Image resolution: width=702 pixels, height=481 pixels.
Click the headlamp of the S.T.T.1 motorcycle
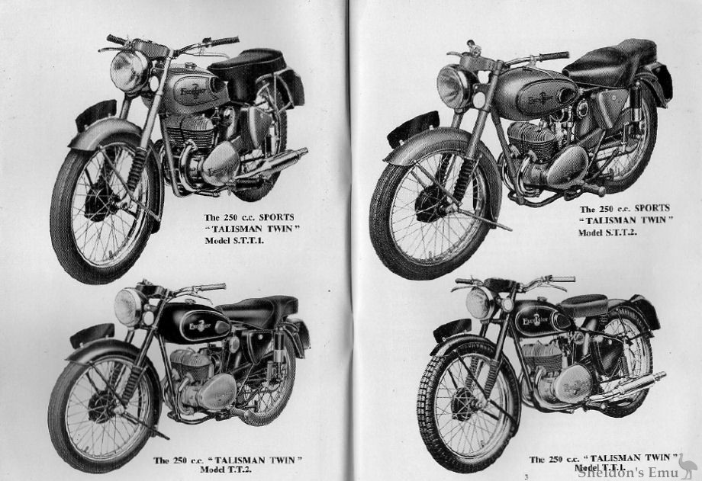[128, 69]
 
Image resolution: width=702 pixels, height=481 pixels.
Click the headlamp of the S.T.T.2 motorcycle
[456, 86]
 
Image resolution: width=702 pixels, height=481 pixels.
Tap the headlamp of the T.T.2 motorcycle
[130, 306]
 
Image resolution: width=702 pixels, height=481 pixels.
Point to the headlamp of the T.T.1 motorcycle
[481, 303]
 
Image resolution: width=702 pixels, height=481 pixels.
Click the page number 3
[526, 476]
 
